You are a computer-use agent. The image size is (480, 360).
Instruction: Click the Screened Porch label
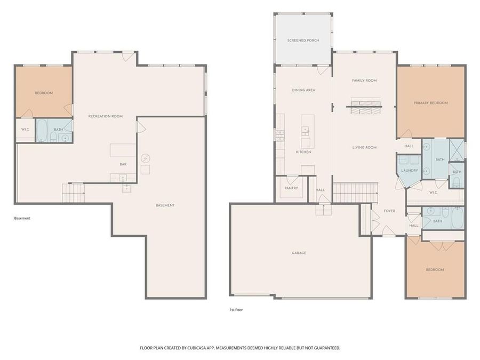coord(303,41)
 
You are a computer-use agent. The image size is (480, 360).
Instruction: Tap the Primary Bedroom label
coord(431,103)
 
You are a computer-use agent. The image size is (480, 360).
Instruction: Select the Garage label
coord(299,253)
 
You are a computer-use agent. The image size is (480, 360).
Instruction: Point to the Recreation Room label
coord(106,116)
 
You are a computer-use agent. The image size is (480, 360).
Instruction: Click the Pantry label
coord(291,188)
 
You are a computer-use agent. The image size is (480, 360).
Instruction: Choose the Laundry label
coord(409,171)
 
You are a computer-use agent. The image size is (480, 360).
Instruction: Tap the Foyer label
coord(389,211)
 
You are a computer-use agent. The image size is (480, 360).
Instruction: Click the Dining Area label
coord(303,91)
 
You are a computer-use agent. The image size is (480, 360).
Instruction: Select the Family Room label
coord(364,81)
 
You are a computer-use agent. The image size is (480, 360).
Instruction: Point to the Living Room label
coord(364,148)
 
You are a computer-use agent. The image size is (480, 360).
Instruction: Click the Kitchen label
coord(303,153)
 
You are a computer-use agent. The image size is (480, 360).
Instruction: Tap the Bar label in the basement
coord(123,164)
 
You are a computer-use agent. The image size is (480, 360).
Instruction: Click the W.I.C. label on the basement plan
coord(25,130)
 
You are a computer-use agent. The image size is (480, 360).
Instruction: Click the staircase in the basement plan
coord(74,191)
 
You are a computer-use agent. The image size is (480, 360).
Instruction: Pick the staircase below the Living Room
coord(355,191)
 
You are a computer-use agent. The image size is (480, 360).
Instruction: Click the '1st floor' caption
coord(236,309)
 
